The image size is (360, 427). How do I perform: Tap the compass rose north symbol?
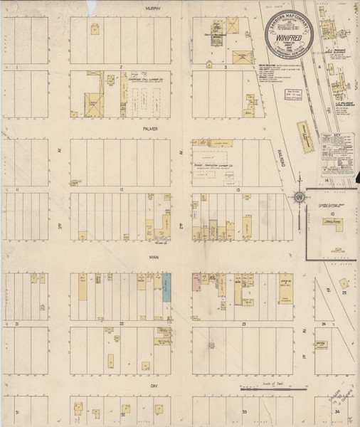300,196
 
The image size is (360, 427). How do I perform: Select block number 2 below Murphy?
122,66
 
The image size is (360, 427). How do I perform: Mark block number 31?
16,411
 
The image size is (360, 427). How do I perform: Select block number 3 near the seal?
226,67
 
